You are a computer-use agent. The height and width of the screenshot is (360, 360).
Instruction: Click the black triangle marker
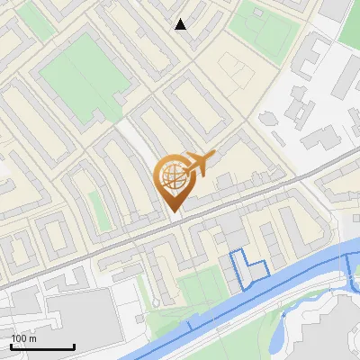181,24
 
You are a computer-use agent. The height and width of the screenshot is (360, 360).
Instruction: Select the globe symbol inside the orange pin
173,178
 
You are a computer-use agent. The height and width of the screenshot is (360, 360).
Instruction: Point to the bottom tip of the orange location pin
174,211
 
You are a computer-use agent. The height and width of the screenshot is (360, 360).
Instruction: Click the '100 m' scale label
24,338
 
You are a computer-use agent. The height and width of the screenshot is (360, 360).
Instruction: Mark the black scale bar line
42,346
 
